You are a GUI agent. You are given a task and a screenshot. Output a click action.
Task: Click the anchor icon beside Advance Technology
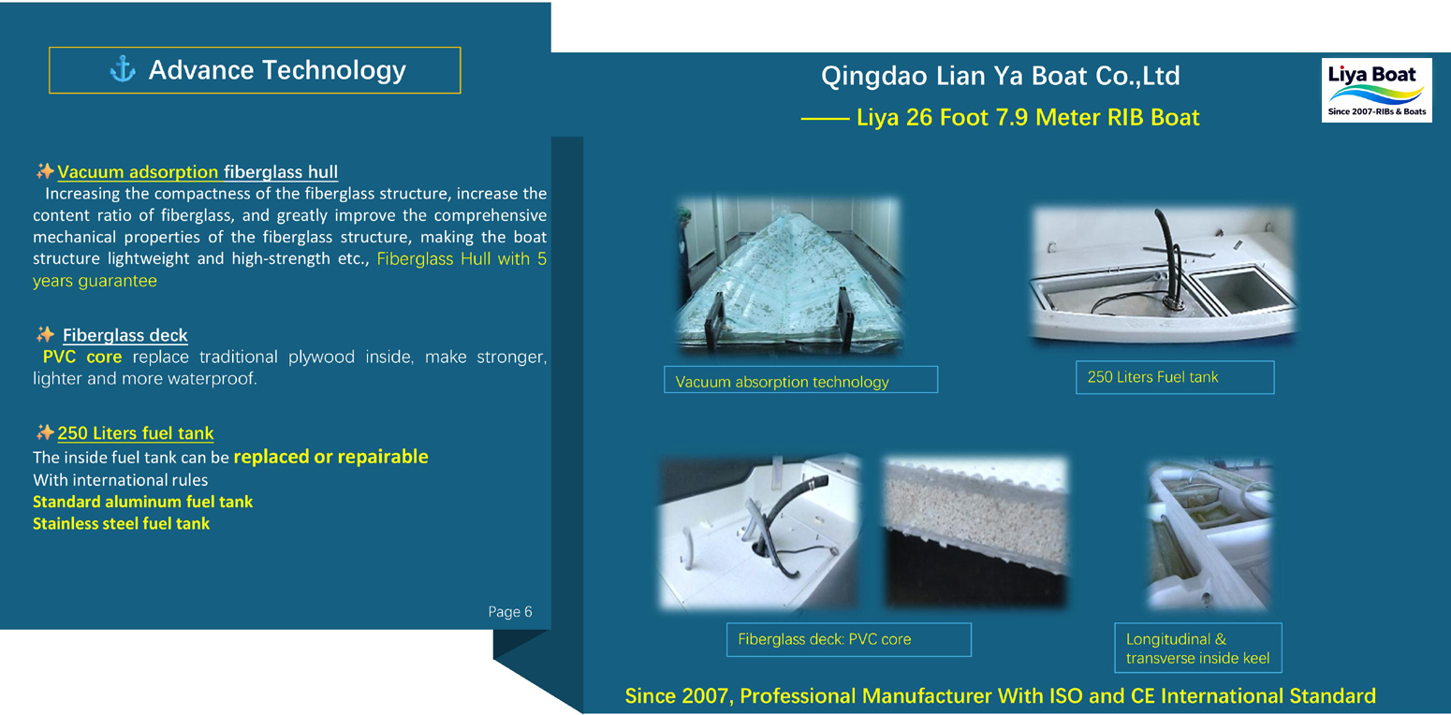pos(123,69)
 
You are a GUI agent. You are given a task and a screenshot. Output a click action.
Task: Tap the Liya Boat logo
pos(1376,90)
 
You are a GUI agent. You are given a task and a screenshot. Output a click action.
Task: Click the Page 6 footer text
pos(510,611)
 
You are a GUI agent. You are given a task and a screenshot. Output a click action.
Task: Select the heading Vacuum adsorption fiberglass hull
pos(198,171)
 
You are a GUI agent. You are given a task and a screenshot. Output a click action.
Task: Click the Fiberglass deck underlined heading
pos(125,335)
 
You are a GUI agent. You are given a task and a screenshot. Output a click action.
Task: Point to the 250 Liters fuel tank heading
pos(136,432)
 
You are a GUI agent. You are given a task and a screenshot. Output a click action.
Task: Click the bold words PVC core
pos(82,357)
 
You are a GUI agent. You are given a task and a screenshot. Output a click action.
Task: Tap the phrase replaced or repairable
pos(331,457)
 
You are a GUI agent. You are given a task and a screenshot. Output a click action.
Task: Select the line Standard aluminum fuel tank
pos(142,502)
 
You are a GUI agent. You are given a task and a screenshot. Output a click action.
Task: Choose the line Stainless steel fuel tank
pos(121,523)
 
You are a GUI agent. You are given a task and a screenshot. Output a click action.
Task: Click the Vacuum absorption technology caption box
pos(800,380)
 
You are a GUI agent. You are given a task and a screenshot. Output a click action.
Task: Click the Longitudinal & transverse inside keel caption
pos(1197,648)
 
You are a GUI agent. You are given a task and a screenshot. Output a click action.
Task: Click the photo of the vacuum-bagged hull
pos(789,276)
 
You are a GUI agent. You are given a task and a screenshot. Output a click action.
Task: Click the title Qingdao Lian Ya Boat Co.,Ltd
pos(1001,76)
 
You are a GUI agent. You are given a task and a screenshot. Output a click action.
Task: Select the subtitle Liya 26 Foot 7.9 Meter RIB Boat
pos(1028,118)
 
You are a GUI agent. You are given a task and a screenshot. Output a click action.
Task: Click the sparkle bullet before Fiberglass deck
pos(45,334)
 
